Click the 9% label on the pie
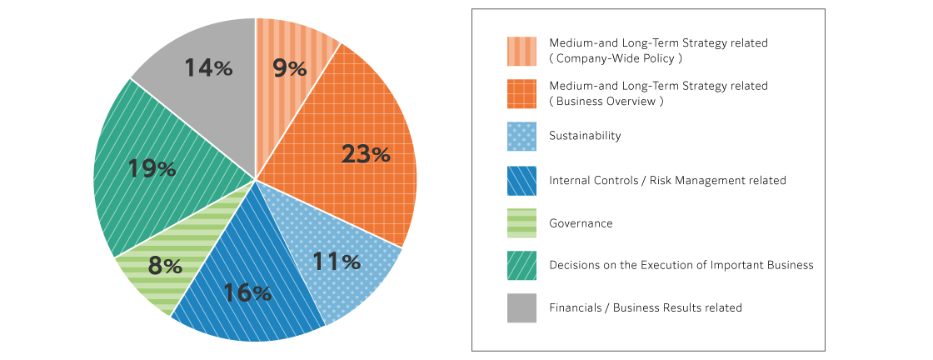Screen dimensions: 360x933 coord(290,68)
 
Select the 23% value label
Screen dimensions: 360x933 coord(366,153)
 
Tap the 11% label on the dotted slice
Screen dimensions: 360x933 coord(336,262)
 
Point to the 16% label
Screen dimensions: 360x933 coord(247,292)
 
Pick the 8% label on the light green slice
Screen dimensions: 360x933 coord(165,266)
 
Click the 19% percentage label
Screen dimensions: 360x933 coord(152,168)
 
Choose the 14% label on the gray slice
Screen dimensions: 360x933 coord(208,68)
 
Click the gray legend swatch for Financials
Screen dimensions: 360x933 coord(521,308)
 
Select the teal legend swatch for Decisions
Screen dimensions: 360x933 coord(521,266)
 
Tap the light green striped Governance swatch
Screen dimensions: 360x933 coord(521,223)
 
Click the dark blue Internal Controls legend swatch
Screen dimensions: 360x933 coord(521,181)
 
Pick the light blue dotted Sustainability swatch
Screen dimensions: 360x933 coord(521,136)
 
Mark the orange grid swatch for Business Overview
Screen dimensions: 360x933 coord(521,93)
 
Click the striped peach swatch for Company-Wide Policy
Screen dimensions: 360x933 coord(521,50)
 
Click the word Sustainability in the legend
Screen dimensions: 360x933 coord(585,136)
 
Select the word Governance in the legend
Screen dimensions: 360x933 coord(581,223)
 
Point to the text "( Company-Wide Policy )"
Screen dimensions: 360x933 coord(616,58)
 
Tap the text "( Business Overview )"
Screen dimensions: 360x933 coord(606,101)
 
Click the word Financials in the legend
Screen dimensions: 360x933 coord(575,307)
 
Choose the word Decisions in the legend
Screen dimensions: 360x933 coord(574,265)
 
